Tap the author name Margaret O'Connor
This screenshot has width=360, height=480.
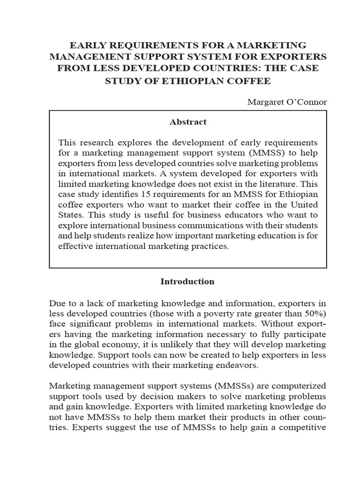click(x=287, y=102)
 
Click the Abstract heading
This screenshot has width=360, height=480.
click(x=187, y=122)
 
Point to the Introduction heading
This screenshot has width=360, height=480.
click(x=187, y=282)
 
